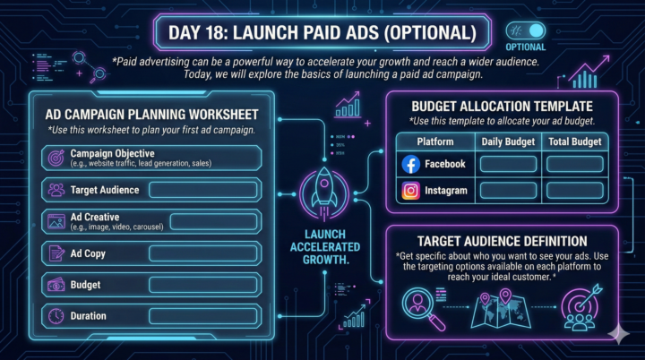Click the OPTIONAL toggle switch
(x=526, y=30)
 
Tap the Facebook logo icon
(x=411, y=164)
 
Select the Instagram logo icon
(x=411, y=190)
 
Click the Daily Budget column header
(x=508, y=142)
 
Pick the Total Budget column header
(x=574, y=142)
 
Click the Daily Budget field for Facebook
(x=507, y=165)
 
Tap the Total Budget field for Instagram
(x=574, y=190)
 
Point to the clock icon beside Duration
(x=56, y=316)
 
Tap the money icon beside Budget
(x=56, y=285)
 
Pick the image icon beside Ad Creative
(x=56, y=221)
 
